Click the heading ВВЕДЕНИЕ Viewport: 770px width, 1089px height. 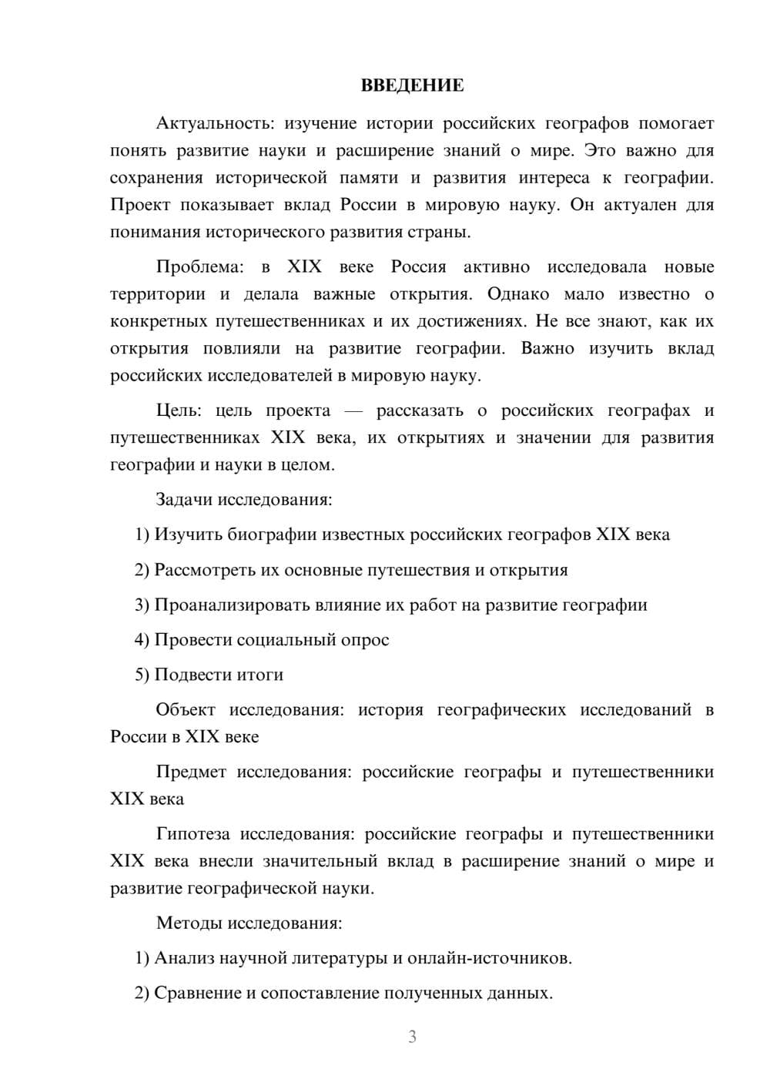point(412,85)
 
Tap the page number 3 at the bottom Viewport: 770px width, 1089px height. point(412,1037)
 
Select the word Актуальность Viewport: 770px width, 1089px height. point(213,123)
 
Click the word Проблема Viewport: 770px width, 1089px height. point(199,267)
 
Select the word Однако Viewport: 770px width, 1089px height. point(518,294)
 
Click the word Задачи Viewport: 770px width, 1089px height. point(184,499)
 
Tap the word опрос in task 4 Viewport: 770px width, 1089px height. point(365,640)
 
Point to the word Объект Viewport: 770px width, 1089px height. point(186,709)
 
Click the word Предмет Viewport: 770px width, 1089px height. point(191,772)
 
